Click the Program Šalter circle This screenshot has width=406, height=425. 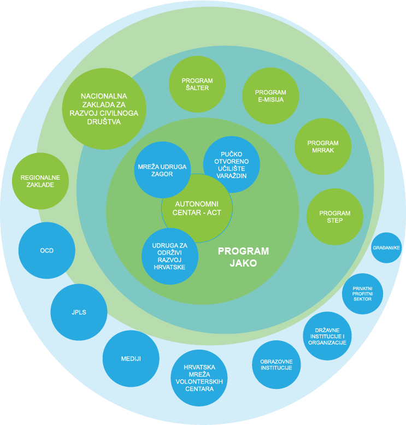coord(197,84)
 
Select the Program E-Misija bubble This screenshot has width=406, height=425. coord(270,96)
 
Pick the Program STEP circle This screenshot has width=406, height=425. coord(334,217)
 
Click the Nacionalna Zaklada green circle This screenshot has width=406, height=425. coord(104,109)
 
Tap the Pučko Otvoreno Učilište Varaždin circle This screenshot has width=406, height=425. coord(232,164)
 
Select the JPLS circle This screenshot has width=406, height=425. coord(79,312)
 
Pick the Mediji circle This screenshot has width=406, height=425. coord(131,359)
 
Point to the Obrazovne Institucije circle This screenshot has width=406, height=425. coord(276,365)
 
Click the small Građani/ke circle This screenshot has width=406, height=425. coord(386,247)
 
